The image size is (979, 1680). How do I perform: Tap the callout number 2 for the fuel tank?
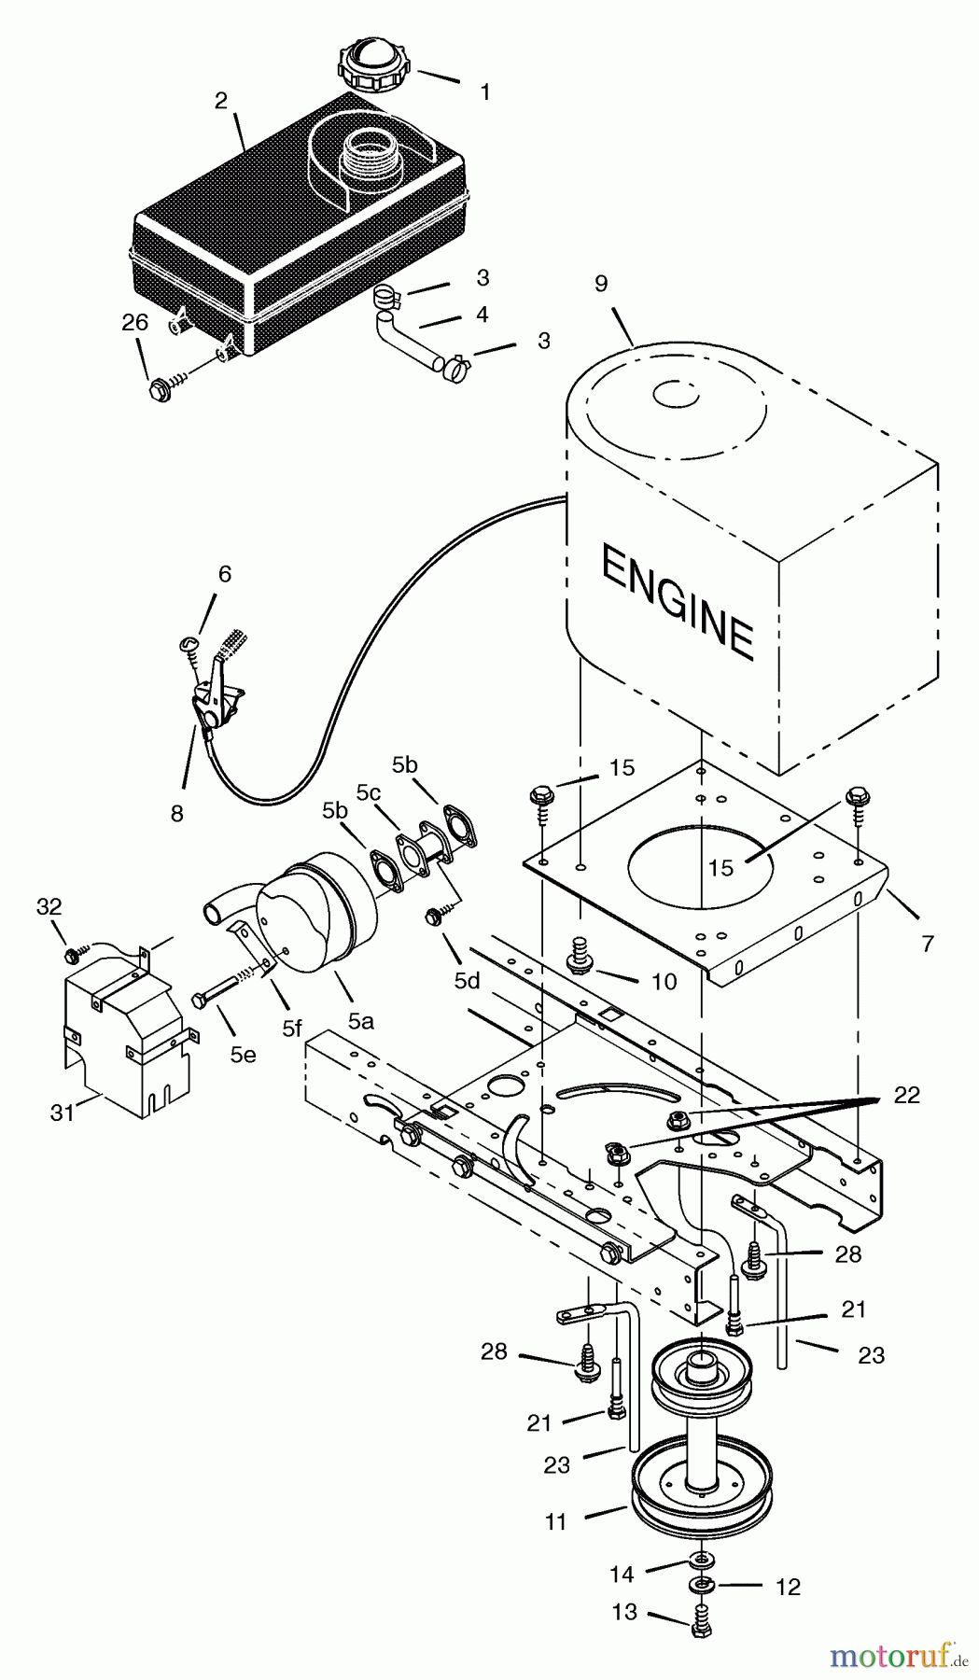click(221, 101)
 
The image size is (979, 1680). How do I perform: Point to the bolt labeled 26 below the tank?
click(160, 389)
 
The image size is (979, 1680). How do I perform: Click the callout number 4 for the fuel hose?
click(482, 315)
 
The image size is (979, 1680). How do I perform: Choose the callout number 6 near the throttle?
click(224, 573)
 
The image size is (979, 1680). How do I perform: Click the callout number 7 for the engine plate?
click(927, 943)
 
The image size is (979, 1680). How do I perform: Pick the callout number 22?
click(906, 1095)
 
